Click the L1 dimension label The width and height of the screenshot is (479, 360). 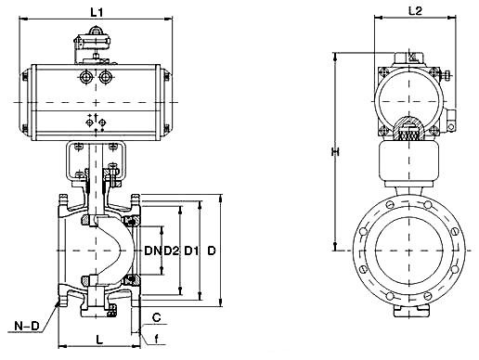97,12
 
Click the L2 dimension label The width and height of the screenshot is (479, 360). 415,11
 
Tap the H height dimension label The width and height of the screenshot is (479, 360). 335,152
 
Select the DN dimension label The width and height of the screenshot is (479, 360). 153,251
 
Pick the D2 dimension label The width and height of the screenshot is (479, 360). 172,251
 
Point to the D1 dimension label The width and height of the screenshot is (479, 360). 191,251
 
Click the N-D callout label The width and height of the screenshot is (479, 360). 27,326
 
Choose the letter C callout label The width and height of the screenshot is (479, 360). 157,317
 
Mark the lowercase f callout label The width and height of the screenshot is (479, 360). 157,340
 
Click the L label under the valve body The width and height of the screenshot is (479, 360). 99,340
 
